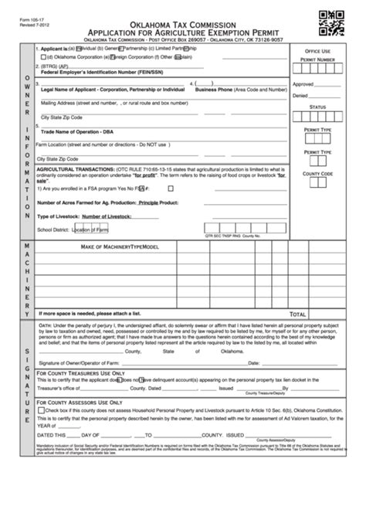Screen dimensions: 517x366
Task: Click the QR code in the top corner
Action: pos(331,24)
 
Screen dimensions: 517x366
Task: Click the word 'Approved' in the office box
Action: pos(303,84)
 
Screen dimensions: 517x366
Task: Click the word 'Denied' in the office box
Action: pos(300,96)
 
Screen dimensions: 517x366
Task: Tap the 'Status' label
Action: pos(317,107)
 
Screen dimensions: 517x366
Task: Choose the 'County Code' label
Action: pos(317,174)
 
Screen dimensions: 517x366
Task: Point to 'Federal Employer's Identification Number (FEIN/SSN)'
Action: pos(100,73)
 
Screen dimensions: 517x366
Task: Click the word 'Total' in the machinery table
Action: pos(297,315)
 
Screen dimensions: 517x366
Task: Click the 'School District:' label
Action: pos(53,229)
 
